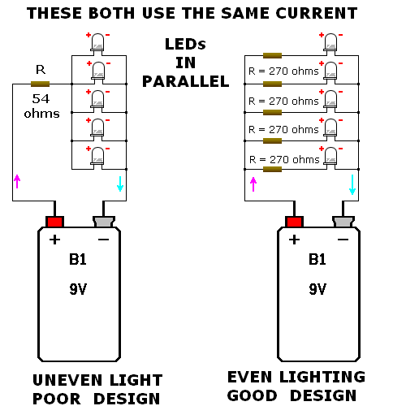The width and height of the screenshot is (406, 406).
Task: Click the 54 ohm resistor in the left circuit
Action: [x=41, y=84]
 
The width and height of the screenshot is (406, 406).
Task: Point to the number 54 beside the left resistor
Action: [x=41, y=99]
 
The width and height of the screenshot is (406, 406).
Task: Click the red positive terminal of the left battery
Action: [x=55, y=221]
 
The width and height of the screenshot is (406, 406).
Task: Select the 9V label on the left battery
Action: [x=79, y=289]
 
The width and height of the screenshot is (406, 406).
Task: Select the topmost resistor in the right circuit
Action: [x=272, y=56]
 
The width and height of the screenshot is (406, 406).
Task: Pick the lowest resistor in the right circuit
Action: [x=272, y=170]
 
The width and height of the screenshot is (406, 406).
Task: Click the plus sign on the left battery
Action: [x=55, y=240]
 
